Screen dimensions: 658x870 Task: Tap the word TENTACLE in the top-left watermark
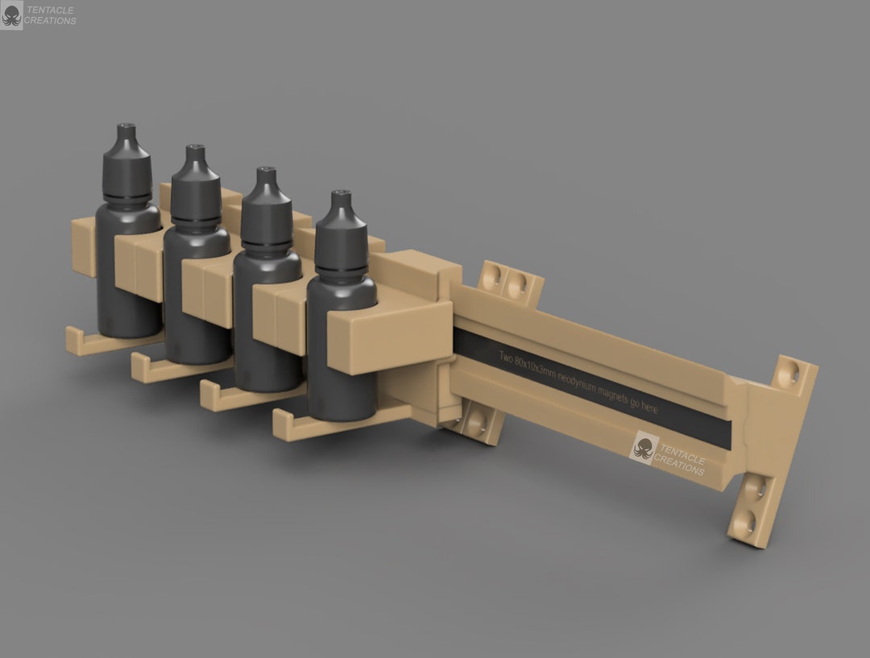(50, 10)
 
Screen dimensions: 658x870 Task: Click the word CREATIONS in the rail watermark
(679, 465)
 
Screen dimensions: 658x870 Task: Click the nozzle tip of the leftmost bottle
(124, 128)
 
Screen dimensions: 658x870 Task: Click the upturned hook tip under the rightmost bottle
(279, 425)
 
